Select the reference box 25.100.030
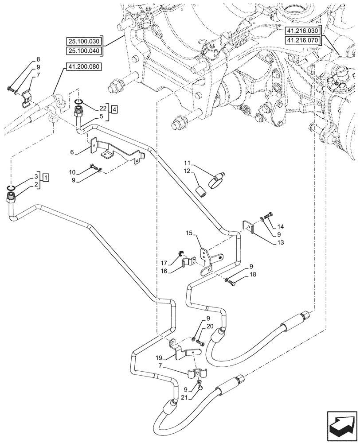84,41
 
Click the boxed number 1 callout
46,177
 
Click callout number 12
187,171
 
